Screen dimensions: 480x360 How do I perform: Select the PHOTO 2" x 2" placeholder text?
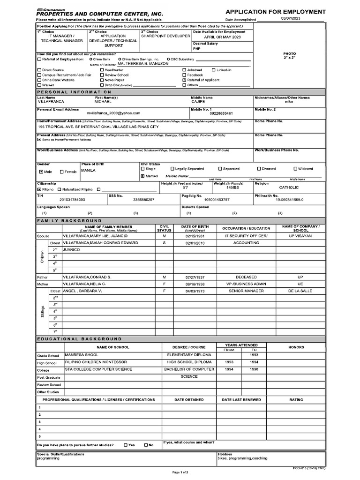[290, 56]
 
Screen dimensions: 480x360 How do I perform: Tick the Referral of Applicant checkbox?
[184, 80]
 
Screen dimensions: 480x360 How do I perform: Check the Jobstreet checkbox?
[184, 70]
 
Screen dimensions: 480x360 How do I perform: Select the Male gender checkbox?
[41, 172]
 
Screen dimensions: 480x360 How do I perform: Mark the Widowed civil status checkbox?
[295, 169]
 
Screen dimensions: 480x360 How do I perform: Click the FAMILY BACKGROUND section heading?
[69, 220]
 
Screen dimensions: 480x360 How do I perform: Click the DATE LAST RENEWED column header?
[241, 400]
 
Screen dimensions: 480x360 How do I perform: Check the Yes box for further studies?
[126, 445]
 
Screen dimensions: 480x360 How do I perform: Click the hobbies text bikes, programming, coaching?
[242, 458]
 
